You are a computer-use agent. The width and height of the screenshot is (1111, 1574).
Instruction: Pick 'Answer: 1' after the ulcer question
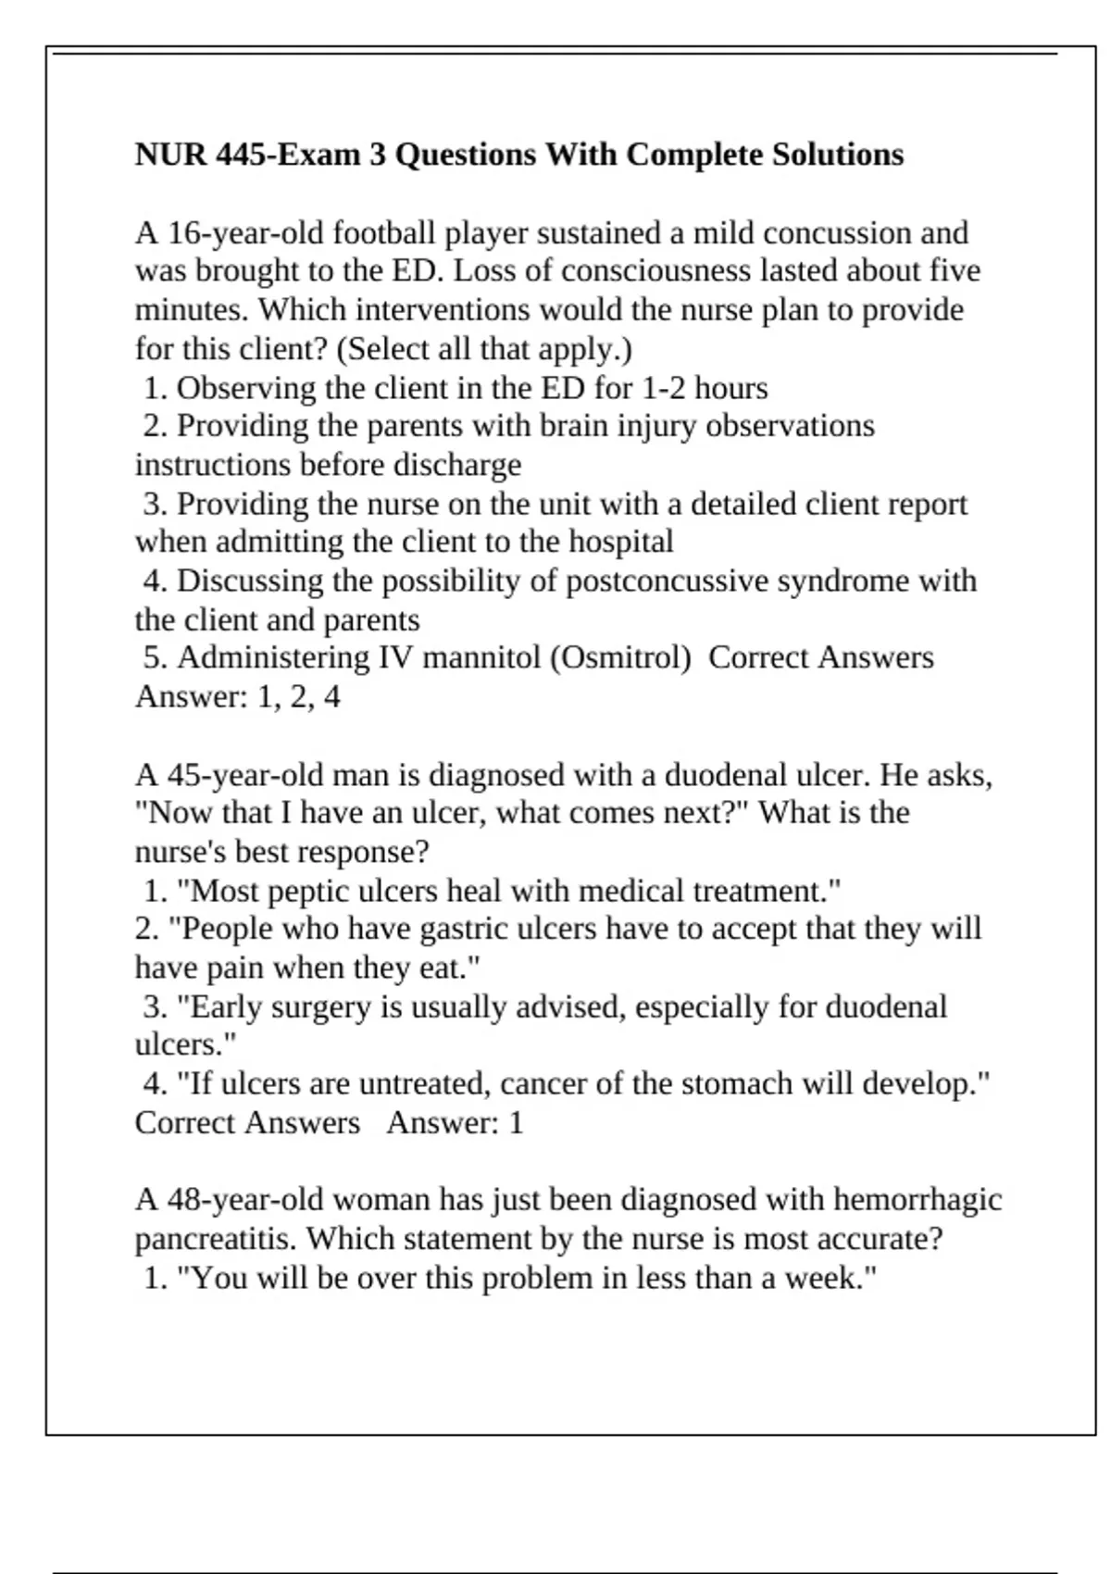[x=455, y=1123]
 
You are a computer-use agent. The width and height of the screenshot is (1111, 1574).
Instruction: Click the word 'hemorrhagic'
[x=917, y=1200]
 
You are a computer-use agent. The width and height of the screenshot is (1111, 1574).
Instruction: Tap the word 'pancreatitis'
[x=216, y=1239]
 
